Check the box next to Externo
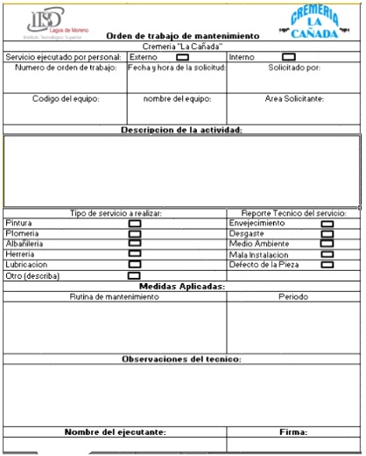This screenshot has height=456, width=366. [183, 57]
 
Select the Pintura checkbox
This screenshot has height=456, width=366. [135, 224]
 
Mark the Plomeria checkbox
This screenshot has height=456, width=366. [135, 234]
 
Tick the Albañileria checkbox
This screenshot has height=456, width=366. [135, 244]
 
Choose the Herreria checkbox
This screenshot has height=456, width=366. [135, 253]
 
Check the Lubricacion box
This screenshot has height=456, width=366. [135, 264]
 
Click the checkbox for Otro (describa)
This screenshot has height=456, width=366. [135, 275]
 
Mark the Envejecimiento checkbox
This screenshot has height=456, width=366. [327, 224]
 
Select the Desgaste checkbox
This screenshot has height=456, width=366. [327, 234]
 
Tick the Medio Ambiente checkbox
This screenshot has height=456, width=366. [327, 244]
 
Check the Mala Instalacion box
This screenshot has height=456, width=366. [327, 254]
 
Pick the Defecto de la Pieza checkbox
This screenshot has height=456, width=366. [327, 264]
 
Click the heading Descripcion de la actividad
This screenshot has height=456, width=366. [181, 130]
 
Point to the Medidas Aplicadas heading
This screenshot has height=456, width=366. [182, 287]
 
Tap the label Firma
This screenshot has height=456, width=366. [293, 432]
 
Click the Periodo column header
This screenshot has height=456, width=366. [293, 297]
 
